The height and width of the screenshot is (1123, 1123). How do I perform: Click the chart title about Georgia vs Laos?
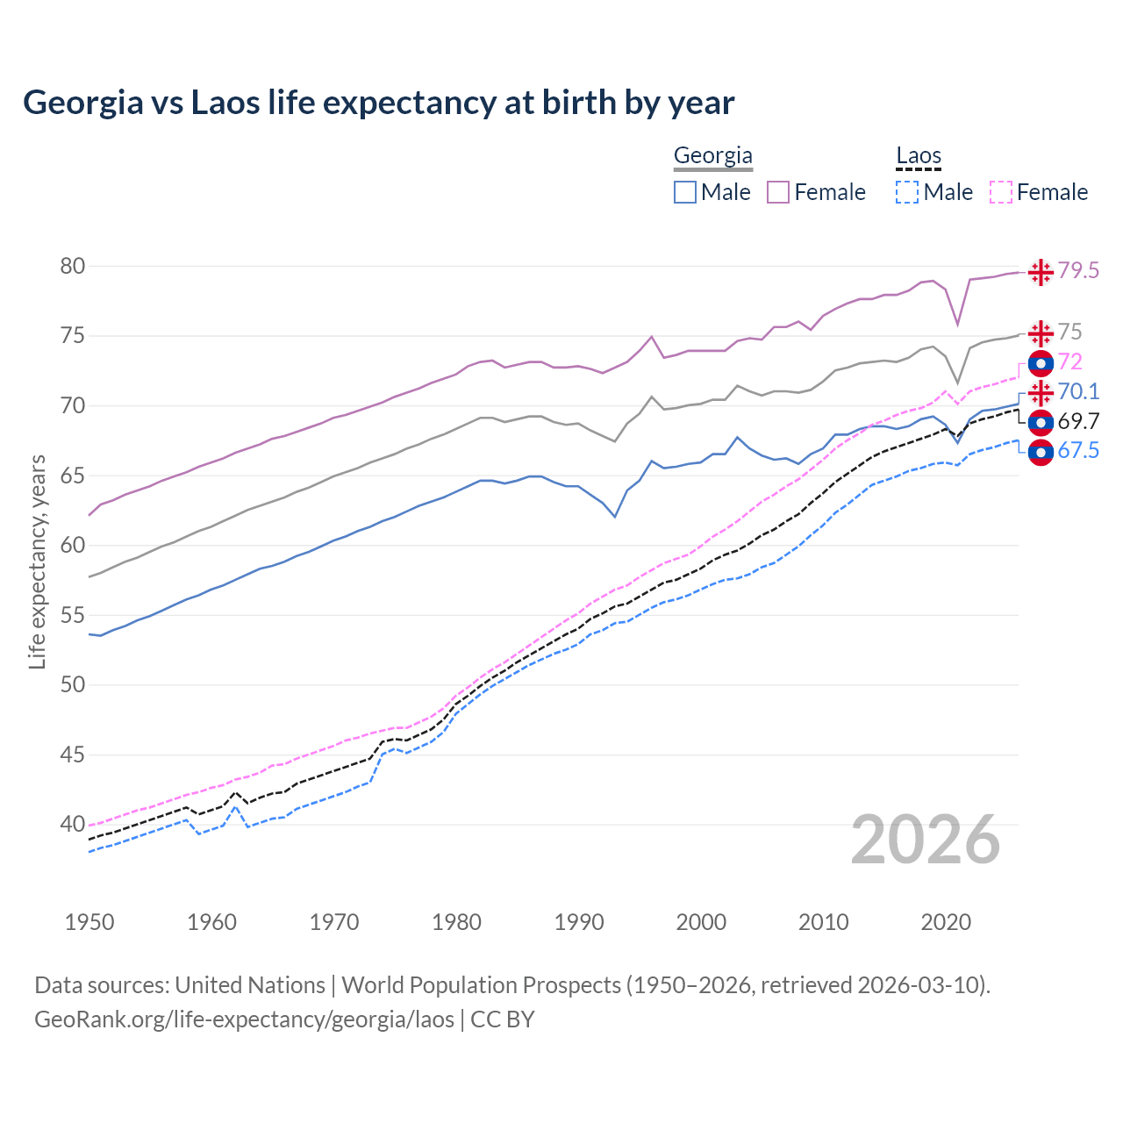(378, 103)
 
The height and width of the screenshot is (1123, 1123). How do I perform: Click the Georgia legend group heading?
(712, 156)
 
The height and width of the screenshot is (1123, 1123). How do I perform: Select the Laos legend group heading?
(918, 156)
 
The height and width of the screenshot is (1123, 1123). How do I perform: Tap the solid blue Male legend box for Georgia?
(685, 192)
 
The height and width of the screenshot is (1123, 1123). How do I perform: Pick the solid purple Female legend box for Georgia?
(778, 192)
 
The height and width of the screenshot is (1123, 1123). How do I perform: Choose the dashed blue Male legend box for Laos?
(907, 192)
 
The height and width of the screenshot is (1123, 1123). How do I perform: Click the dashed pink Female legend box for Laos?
(1001, 192)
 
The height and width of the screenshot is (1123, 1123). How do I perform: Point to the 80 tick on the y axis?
(72, 266)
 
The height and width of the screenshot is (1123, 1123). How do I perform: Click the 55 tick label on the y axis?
(72, 615)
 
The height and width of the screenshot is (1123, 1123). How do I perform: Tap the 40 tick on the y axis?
(72, 825)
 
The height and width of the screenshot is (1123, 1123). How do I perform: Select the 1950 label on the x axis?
(89, 922)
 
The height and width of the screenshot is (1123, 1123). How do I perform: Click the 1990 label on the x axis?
(579, 922)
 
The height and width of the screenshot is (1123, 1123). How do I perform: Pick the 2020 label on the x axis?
(946, 922)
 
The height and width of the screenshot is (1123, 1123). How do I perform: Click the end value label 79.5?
(1078, 271)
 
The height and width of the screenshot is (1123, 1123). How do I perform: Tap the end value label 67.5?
(1078, 451)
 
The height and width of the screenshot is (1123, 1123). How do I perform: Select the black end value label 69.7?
(1078, 422)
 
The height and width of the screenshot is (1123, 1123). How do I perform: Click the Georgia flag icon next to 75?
(1041, 333)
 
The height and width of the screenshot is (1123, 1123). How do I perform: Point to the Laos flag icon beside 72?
(1041, 362)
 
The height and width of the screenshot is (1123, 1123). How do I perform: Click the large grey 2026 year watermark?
(926, 840)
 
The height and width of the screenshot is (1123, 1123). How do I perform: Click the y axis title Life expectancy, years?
(37, 561)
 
